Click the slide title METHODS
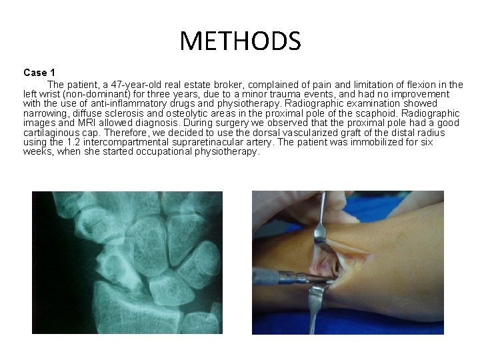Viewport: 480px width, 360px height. coord(240,41)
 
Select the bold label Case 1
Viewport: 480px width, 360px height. coord(39,72)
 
